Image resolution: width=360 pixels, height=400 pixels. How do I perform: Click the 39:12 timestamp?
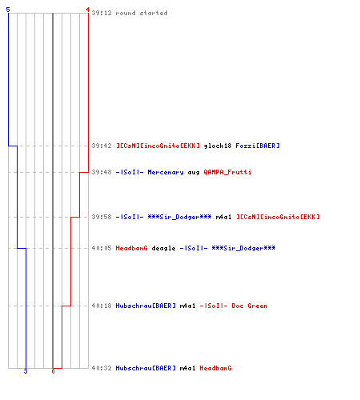pos(102,13)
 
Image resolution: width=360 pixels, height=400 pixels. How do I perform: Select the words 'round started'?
pos(142,13)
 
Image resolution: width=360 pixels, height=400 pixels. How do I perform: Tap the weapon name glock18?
pos(218,146)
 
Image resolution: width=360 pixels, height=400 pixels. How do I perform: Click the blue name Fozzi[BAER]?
pos(258,146)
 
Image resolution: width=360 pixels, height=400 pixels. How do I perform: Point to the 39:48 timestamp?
pos(102,172)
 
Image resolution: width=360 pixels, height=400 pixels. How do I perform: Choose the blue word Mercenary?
pos(166,172)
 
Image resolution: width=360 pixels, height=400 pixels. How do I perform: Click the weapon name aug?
pos(194,173)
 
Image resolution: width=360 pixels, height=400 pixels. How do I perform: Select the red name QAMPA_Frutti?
pos(227,172)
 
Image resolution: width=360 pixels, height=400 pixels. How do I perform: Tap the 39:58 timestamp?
pos(102,217)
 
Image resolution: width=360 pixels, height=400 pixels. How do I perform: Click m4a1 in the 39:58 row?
pos(223,217)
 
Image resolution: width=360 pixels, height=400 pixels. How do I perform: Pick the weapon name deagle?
pos(163,248)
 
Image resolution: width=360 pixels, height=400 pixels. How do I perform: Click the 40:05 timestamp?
pos(102,248)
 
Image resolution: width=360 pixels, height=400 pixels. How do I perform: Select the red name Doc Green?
pos(250,306)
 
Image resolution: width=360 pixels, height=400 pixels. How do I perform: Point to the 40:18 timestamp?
pos(102,306)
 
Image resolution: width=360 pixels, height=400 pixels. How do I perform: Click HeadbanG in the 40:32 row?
pos(215,368)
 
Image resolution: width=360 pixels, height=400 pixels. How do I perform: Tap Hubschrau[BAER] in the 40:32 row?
pos(146,368)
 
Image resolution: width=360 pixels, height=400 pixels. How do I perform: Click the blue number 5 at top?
pos(8,10)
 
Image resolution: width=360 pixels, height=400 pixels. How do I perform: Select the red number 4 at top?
pos(88,10)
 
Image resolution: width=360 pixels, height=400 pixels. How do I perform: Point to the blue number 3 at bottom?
pos(26,371)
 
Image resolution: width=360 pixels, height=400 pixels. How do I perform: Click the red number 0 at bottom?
pos(53,371)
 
